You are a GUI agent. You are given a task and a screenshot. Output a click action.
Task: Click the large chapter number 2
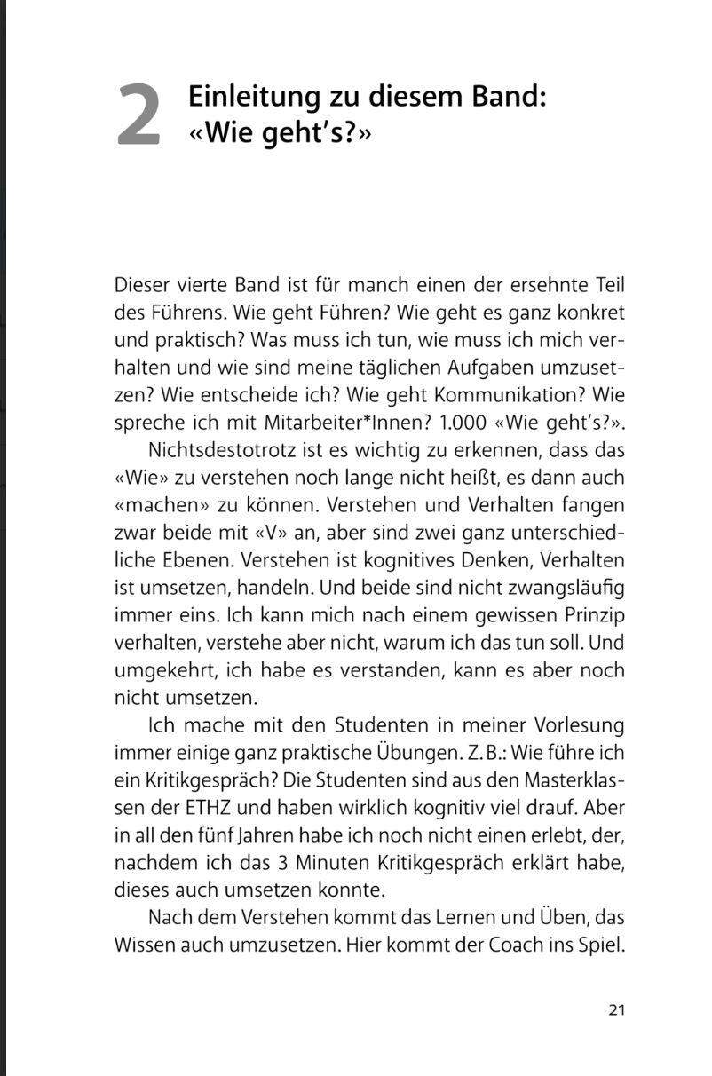coord(139,115)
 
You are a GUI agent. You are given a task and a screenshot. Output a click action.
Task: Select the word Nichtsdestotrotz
coord(224,449)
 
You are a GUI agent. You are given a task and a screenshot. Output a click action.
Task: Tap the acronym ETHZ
coord(209,808)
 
